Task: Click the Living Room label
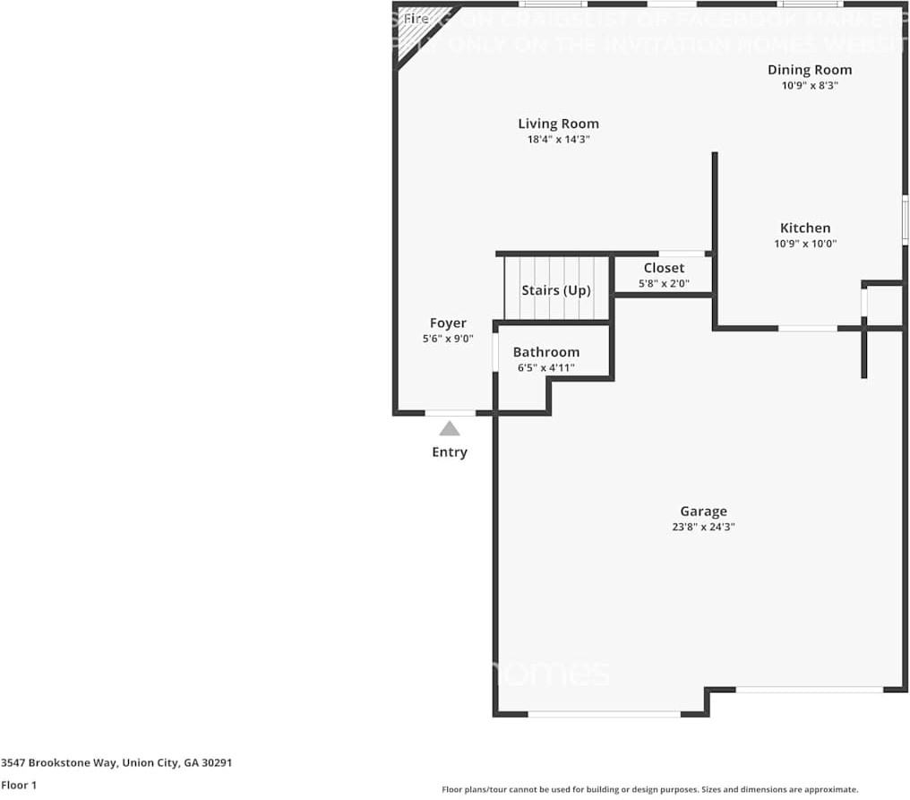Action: (558, 124)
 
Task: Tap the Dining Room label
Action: (810, 70)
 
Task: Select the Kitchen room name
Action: (804, 228)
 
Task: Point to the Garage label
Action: (702, 512)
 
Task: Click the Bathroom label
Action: (545, 352)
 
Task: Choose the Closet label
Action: (664, 268)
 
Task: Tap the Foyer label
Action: (448, 323)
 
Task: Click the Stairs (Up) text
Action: (556, 290)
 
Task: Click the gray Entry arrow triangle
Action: (450, 429)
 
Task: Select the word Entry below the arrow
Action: (450, 452)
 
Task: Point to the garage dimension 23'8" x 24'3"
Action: (702, 528)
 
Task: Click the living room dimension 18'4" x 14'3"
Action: (558, 140)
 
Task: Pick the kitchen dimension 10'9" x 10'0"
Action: (804, 244)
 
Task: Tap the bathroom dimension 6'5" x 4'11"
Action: (545, 368)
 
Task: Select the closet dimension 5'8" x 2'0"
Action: (664, 284)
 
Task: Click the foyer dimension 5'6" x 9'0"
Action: (448, 340)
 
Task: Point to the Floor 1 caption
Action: (19, 786)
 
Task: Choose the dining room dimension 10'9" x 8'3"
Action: (810, 86)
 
